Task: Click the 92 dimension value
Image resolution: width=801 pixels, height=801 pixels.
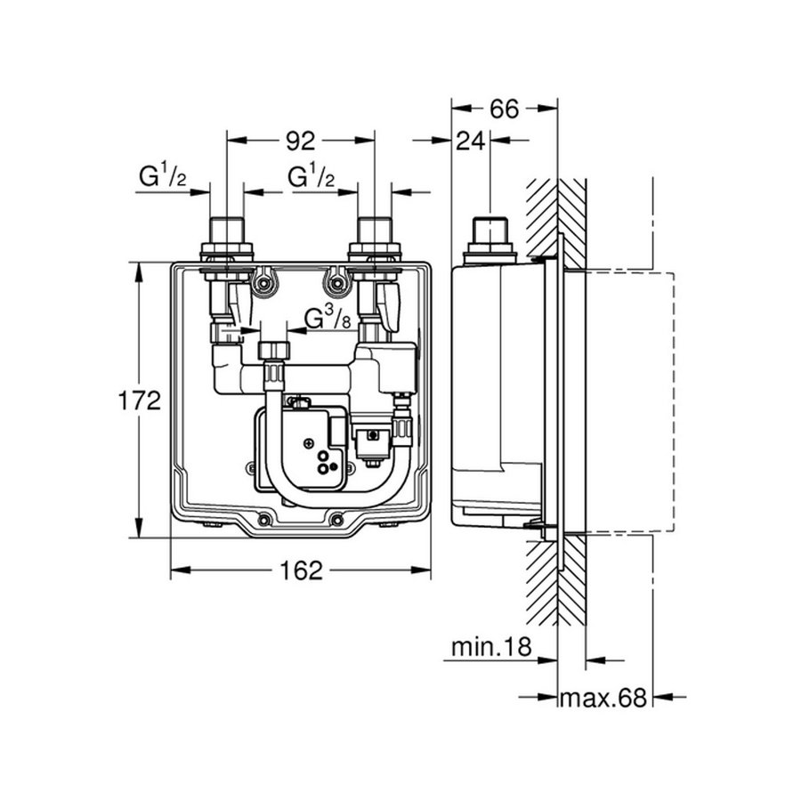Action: click(x=301, y=140)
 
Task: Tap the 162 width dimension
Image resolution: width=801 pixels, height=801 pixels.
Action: click(x=301, y=570)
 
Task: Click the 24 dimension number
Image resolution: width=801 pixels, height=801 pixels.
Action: click(x=473, y=140)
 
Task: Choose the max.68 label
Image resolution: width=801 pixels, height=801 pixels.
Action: click(x=601, y=697)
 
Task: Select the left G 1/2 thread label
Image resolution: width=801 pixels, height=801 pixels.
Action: click(x=161, y=179)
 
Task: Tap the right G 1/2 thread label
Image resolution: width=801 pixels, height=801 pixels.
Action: click(x=311, y=179)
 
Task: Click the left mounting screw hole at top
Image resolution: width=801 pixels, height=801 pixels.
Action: click(x=264, y=284)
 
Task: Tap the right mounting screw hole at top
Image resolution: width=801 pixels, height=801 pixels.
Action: click(x=336, y=284)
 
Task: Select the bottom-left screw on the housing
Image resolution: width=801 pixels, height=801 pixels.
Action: click(x=264, y=520)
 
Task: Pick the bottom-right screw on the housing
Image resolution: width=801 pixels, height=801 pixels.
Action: click(x=336, y=520)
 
